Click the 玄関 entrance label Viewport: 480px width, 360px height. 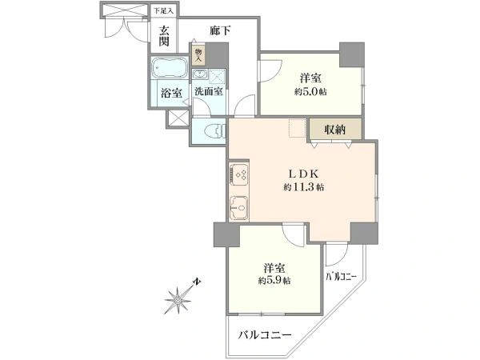(x=164, y=36)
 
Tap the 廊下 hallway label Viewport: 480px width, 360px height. (x=220, y=30)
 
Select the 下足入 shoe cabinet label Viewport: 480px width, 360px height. (x=163, y=11)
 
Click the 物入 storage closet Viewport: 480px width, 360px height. (x=198, y=55)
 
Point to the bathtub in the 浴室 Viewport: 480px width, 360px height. (x=168, y=68)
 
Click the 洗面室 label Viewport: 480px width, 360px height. (x=209, y=91)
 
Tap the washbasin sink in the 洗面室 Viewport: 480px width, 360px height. (x=200, y=74)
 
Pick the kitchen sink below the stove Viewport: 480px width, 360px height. (x=238, y=207)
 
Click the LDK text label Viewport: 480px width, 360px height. (x=304, y=174)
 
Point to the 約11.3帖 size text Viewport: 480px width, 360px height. (x=304, y=187)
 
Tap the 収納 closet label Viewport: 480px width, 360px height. (x=335, y=130)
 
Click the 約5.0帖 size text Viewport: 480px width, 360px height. (x=310, y=91)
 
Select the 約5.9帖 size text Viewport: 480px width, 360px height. (x=274, y=281)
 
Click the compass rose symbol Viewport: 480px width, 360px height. (x=178, y=299)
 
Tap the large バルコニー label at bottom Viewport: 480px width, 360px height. (x=265, y=335)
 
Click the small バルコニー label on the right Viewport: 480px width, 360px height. (x=341, y=277)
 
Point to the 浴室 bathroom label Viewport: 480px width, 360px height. (x=172, y=93)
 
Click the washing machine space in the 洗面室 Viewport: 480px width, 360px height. (x=217, y=76)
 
